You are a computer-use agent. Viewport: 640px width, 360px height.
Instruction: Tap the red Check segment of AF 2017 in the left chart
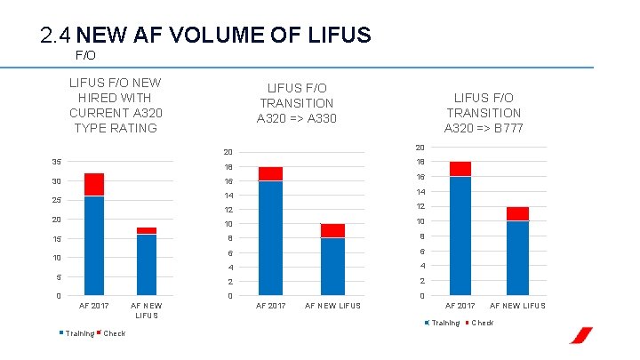point(94,184)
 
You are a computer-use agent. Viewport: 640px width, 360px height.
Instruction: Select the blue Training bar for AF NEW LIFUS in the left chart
point(147,264)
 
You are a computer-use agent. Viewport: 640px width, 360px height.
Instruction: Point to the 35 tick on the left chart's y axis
point(56,163)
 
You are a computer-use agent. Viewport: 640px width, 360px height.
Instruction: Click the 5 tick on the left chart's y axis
point(58,276)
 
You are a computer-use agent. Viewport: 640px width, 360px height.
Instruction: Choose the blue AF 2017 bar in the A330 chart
point(270,237)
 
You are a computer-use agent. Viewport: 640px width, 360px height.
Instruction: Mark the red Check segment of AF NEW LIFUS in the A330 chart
point(332,230)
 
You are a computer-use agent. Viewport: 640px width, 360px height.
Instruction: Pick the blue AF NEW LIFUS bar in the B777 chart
point(518,258)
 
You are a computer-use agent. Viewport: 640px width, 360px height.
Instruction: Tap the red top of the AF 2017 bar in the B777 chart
point(460,169)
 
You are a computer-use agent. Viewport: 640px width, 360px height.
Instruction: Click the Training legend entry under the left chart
point(77,333)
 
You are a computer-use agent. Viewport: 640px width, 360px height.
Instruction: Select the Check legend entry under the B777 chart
point(481,322)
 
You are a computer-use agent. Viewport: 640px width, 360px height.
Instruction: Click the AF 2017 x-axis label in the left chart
point(94,306)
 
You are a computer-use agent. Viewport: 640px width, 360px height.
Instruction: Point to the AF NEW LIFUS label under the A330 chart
point(332,306)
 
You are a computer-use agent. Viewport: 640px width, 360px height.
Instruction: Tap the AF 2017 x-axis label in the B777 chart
point(460,306)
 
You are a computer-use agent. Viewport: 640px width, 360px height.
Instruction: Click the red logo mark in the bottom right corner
point(581,336)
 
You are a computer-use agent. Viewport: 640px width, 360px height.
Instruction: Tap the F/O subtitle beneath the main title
point(85,55)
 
